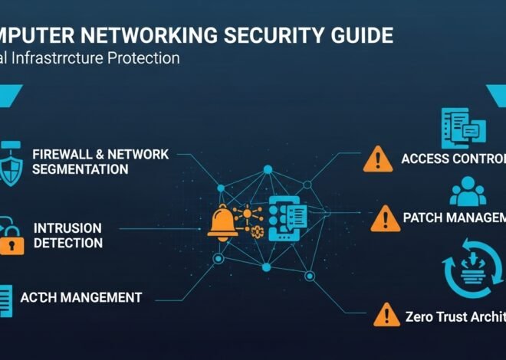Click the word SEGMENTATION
[x=80, y=169]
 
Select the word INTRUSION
[x=67, y=228]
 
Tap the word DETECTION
[x=67, y=243]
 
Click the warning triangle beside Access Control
[x=377, y=159]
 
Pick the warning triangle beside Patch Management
[x=385, y=218]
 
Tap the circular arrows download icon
[x=472, y=266]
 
